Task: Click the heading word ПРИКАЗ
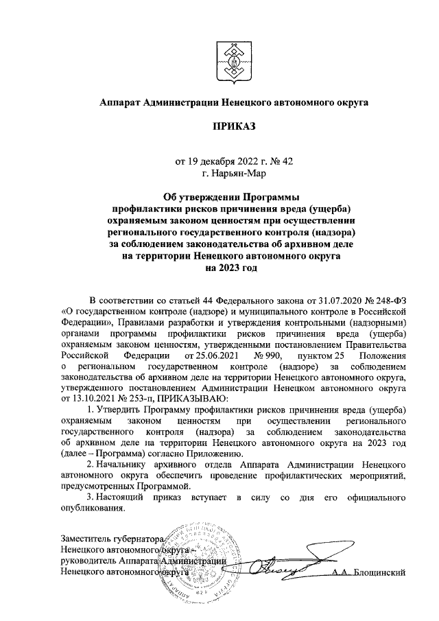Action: coord(234,127)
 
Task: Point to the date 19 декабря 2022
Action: coord(220,162)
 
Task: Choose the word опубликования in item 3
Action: coord(93,509)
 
